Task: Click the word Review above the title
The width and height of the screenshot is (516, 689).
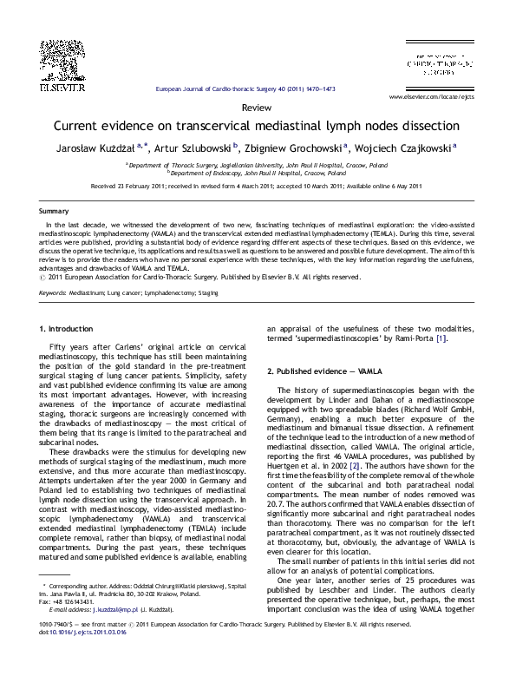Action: (257, 107)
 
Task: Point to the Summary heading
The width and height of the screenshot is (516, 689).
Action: (54, 212)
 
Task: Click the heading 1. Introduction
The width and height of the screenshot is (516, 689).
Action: (69, 305)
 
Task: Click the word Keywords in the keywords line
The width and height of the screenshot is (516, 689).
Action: (54, 269)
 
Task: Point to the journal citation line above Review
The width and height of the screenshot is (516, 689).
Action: (256, 89)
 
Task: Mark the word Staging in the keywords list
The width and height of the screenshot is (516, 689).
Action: (207, 269)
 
